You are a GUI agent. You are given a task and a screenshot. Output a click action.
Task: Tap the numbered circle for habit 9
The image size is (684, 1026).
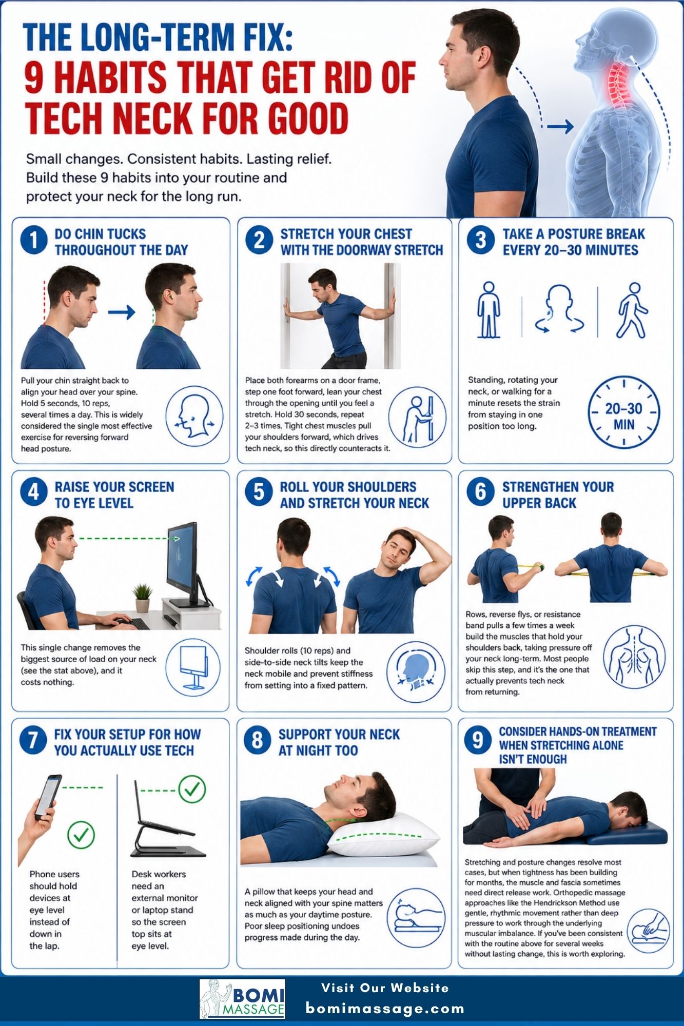coord(478,740)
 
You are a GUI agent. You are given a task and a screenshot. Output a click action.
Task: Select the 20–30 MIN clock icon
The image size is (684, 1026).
coord(623,412)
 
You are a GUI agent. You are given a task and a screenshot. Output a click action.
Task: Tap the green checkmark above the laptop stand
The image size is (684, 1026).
coord(192,789)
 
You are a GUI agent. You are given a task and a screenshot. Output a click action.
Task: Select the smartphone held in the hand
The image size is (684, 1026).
coord(48,795)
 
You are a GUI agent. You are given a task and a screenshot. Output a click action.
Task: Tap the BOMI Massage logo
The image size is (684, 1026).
coord(242,998)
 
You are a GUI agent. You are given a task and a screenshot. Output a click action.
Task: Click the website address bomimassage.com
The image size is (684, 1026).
coord(385,1009)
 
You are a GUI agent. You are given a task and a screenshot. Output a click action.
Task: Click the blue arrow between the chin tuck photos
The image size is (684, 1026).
coord(122,312)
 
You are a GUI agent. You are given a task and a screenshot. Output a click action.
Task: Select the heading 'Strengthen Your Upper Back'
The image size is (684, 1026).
coord(558,495)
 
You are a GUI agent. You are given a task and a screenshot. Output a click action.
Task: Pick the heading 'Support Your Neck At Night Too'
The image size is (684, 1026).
coord(339,742)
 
